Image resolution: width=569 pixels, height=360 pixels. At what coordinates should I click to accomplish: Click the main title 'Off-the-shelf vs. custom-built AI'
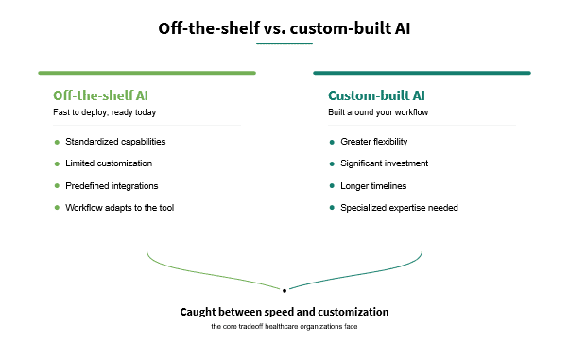click(284, 28)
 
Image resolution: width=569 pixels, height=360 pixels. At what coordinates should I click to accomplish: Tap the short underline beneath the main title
click(284, 43)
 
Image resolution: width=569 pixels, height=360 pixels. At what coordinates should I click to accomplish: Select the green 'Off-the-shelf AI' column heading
click(100, 95)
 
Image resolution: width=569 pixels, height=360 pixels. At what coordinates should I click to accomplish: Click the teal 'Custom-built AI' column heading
click(376, 95)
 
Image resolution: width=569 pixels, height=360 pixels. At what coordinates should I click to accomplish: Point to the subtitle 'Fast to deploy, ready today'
click(105, 112)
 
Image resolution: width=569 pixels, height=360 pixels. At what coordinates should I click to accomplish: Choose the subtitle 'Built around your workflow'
click(378, 112)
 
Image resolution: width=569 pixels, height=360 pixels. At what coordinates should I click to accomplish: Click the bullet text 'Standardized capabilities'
click(115, 142)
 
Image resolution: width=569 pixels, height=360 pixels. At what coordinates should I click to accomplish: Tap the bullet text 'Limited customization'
click(109, 163)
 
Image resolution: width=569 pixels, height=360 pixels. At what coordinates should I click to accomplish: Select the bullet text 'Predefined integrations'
click(112, 186)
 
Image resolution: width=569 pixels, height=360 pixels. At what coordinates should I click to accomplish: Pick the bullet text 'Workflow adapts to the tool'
click(119, 208)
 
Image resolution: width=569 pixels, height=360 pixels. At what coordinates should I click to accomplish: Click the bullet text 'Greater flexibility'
click(373, 142)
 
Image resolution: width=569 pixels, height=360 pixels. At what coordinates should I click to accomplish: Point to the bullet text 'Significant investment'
click(385, 163)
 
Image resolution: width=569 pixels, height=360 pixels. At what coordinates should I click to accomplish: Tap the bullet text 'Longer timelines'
click(373, 186)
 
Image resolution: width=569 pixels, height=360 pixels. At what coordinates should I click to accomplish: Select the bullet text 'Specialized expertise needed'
click(399, 208)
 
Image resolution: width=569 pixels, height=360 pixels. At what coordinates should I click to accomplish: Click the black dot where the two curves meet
click(284, 291)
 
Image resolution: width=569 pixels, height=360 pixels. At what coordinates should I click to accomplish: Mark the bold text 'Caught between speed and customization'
click(284, 312)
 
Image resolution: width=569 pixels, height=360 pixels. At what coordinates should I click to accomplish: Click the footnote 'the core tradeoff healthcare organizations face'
click(284, 326)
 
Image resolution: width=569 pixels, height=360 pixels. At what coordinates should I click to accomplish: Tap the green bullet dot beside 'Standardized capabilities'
click(57, 142)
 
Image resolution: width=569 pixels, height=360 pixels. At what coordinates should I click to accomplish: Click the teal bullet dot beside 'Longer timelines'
click(332, 186)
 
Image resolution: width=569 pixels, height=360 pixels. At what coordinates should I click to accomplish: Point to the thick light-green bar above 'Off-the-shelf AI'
click(147, 73)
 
